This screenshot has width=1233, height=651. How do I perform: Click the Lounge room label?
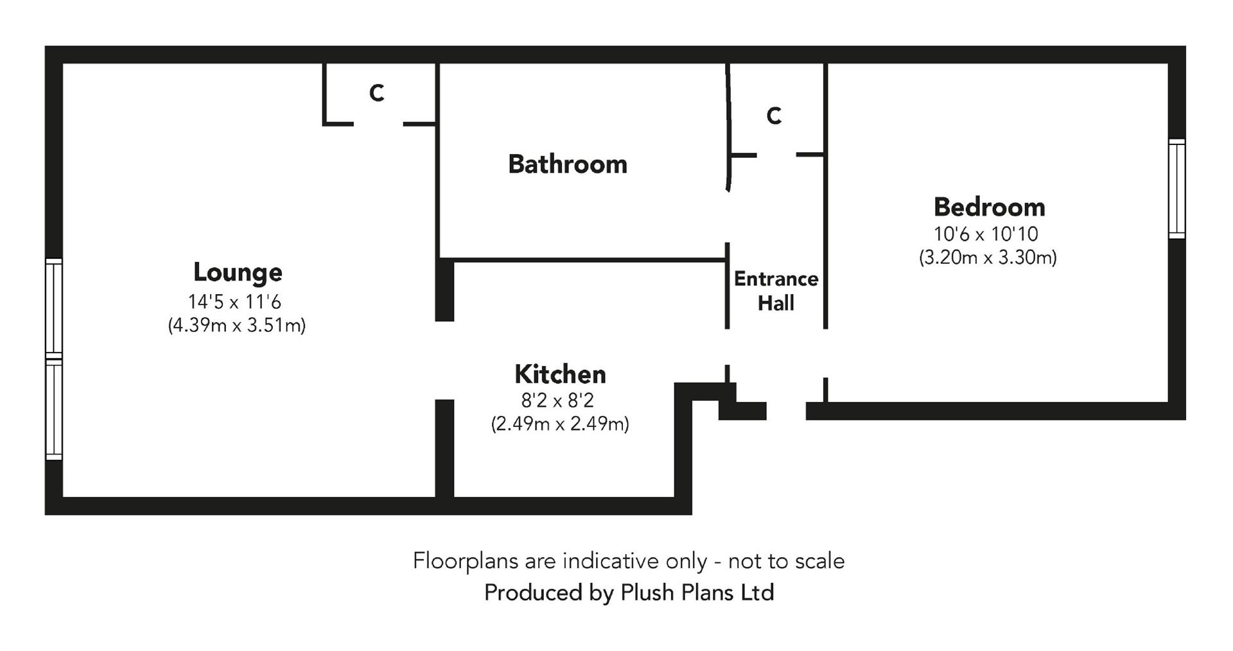pyautogui.click(x=238, y=272)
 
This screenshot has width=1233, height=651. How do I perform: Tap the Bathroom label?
pyautogui.click(x=568, y=164)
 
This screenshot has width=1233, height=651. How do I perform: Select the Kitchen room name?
pyautogui.click(x=560, y=374)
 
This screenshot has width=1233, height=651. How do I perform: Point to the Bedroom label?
pyautogui.click(x=989, y=207)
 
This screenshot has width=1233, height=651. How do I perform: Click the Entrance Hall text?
pyautogui.click(x=776, y=291)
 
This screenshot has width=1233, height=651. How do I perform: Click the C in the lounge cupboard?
pyautogui.click(x=377, y=93)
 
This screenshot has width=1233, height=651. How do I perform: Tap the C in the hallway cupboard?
pyautogui.click(x=774, y=116)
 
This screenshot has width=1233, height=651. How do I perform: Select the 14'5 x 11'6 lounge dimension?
pyautogui.click(x=235, y=302)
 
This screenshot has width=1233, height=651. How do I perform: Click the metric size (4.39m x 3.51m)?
pyautogui.click(x=236, y=325)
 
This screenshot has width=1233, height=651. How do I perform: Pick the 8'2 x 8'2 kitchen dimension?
pyautogui.click(x=557, y=401)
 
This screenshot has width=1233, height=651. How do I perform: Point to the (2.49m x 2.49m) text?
pyautogui.click(x=560, y=424)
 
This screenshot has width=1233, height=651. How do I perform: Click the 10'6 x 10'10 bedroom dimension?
pyautogui.click(x=986, y=234)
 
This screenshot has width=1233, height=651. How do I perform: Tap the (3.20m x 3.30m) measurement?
pyautogui.click(x=988, y=258)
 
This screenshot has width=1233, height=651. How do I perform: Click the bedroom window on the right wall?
pyautogui.click(x=1176, y=189)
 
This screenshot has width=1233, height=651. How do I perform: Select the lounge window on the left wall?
pyautogui.click(x=54, y=359)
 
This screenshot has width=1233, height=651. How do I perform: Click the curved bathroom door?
pyautogui.click(x=728, y=128)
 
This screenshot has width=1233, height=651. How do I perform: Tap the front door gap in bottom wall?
pyautogui.click(x=786, y=411)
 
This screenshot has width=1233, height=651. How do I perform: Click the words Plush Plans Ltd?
pyautogui.click(x=697, y=592)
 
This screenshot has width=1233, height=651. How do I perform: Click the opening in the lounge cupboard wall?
pyautogui.click(x=378, y=123)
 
